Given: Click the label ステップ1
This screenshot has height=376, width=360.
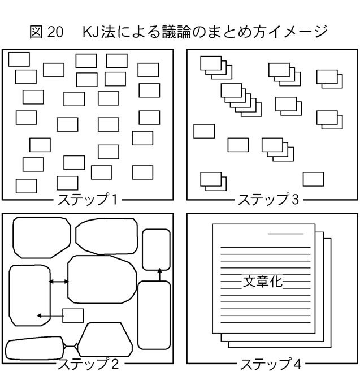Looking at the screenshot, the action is [88, 199].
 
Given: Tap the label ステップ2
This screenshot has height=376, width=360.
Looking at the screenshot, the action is [88, 364].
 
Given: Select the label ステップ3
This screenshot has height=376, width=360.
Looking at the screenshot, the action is [268, 199].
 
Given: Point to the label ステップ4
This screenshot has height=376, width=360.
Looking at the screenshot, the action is [270, 364].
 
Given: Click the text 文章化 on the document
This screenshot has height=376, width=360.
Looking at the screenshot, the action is [263, 282].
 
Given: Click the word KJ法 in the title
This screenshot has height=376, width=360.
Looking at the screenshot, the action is [98, 32].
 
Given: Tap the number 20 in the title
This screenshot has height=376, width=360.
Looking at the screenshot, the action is [55, 32].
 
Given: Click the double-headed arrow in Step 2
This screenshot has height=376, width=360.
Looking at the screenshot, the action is [59, 282].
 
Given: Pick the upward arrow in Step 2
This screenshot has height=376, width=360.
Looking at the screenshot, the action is [159, 275].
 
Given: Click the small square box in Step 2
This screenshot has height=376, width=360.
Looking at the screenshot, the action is [73, 316].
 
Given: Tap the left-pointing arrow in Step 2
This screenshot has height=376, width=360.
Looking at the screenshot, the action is [50, 316].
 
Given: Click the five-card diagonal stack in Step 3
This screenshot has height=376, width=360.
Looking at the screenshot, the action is [241, 100].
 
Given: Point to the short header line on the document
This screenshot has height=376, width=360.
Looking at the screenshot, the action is [286, 234].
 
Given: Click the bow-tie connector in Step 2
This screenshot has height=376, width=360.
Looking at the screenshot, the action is [70, 346].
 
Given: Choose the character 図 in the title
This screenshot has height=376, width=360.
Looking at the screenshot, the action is [36, 32].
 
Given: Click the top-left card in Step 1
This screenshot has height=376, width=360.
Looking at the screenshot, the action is [19, 59].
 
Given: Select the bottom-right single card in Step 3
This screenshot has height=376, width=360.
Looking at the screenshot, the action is [313, 179].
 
